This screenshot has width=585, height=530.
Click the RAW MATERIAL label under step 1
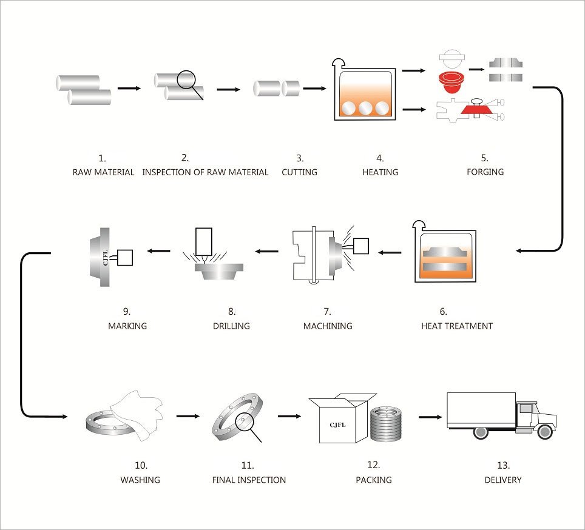point(103,172)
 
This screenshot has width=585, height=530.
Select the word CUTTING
point(299,172)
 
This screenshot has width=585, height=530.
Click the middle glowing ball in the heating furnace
point(364,108)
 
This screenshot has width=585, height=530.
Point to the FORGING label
point(485,172)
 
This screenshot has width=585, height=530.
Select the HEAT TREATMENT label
point(456,326)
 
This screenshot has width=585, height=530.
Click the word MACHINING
point(327,326)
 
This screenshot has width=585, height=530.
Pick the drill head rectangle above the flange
point(203,241)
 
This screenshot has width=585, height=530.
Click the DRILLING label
point(231,326)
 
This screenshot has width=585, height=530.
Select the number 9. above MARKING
point(127,312)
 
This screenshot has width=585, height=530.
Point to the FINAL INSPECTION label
point(249,480)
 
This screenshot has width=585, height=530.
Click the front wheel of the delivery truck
point(544,432)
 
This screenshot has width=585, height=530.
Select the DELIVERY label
point(502,480)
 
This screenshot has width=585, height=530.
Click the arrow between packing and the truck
point(430,417)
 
